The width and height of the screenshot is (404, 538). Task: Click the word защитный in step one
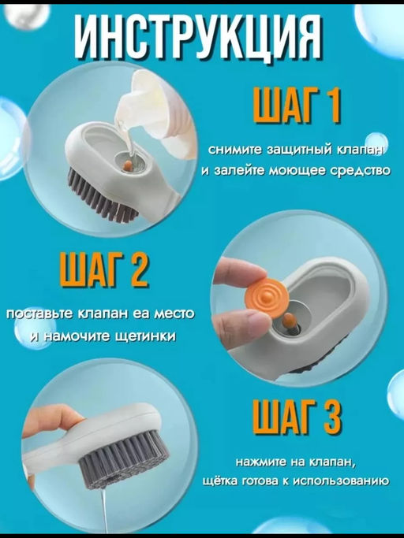tap(285, 150)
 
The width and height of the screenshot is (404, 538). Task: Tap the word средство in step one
tap(361, 170)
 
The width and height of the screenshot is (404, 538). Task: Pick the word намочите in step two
tap(75, 336)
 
